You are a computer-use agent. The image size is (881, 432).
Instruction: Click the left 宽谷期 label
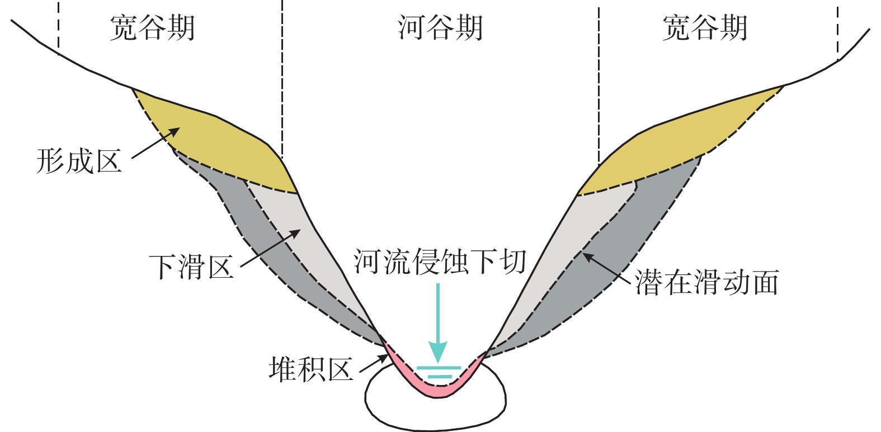click(152, 29)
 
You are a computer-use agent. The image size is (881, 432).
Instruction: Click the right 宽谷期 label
click(705, 29)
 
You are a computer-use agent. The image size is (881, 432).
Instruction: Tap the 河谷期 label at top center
click(440, 29)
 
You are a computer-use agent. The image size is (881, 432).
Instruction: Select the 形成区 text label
click(79, 161)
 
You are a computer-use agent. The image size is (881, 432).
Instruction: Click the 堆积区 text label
click(311, 369)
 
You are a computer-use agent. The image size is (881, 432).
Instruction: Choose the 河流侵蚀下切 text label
click(440, 262)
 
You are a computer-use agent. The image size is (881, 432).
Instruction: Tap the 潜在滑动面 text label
click(707, 282)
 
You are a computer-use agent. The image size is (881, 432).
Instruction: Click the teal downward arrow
click(438, 323)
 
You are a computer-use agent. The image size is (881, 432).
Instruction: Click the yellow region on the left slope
click(220, 145)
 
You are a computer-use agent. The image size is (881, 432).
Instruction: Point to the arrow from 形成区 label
click(156, 143)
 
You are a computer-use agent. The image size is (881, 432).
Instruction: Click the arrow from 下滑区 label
click(271, 249)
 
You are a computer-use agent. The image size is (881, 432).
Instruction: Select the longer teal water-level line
click(439, 368)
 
